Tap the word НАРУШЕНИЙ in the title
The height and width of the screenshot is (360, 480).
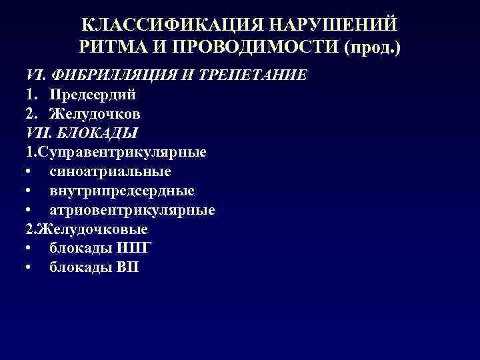click(x=332, y=24)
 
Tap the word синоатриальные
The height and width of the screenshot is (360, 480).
click(x=109, y=171)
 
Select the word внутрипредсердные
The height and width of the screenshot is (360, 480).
click(x=121, y=191)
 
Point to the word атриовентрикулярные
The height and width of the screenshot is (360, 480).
click(x=131, y=210)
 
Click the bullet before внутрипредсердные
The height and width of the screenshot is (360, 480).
click(x=30, y=191)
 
